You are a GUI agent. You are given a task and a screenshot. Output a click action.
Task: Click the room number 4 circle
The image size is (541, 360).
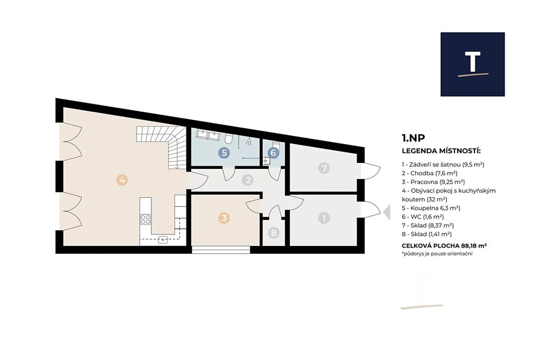[122, 179]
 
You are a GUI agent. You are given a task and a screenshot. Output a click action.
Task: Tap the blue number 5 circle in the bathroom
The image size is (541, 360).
[224, 153]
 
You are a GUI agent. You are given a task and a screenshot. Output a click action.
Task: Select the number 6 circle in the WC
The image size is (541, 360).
[273, 153]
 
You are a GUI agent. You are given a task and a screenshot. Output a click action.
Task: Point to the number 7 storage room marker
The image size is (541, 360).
[324, 168]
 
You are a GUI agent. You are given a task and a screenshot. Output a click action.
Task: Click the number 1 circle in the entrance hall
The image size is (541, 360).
[324, 218]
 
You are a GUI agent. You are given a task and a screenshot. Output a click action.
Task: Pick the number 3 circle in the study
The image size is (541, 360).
[224, 218]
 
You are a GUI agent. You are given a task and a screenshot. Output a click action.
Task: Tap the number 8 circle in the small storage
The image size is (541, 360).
[274, 233]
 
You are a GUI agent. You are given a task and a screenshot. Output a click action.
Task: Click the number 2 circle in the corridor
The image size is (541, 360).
[247, 179]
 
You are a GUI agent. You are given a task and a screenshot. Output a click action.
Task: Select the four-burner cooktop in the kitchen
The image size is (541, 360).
[145, 219]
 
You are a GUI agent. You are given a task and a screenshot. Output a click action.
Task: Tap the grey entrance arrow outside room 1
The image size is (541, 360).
[387, 212]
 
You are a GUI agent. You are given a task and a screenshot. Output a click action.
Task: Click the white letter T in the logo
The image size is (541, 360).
[473, 62]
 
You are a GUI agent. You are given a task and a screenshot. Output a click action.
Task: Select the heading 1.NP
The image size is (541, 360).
[413, 138]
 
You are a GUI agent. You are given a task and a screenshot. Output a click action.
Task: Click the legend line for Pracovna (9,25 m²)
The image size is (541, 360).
[433, 182]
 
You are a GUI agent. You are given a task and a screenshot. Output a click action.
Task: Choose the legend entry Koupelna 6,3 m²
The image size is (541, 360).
[431, 208]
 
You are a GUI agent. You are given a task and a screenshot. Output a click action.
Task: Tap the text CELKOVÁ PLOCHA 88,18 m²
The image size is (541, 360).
[444, 245]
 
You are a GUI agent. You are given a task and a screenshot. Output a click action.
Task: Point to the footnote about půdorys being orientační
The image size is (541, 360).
[437, 254]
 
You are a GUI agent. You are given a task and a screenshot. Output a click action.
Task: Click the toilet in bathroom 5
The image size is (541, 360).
[228, 139]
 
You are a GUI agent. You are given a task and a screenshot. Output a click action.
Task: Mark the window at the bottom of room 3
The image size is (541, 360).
[221, 250]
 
